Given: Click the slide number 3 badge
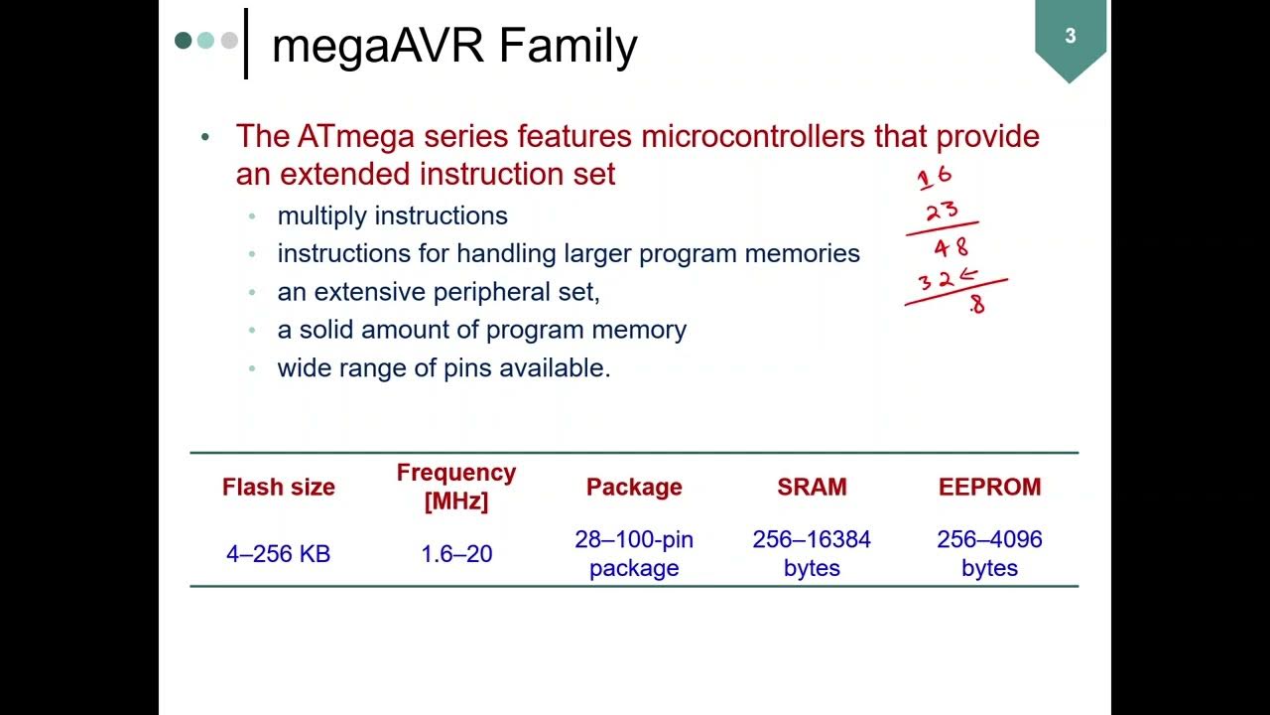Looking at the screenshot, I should pyautogui.click(x=1070, y=37).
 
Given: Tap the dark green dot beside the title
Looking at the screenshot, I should pyautogui.click(x=183, y=41).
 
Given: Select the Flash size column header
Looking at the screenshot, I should pyautogui.click(x=279, y=487).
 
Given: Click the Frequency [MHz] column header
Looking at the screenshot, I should pyautogui.click(x=456, y=487).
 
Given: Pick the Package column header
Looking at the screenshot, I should pyautogui.click(x=634, y=487).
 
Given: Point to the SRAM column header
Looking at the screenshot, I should pyautogui.click(x=812, y=487).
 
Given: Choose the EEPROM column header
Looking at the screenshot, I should pyautogui.click(x=989, y=487).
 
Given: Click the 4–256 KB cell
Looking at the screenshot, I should pyautogui.click(x=279, y=554).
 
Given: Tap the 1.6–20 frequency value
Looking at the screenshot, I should pyautogui.click(x=456, y=554).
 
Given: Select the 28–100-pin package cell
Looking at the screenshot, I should pyautogui.click(x=634, y=553).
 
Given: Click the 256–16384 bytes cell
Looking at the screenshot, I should pyautogui.click(x=812, y=553).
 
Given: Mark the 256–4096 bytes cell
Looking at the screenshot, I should pyautogui.click(x=989, y=553).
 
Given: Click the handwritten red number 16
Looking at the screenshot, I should pyautogui.click(x=934, y=178).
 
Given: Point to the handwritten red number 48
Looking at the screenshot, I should pyautogui.click(x=951, y=247).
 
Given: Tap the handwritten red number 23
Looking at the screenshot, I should pyautogui.click(x=942, y=212).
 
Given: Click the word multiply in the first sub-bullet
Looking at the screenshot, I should pyautogui.click(x=322, y=215).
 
